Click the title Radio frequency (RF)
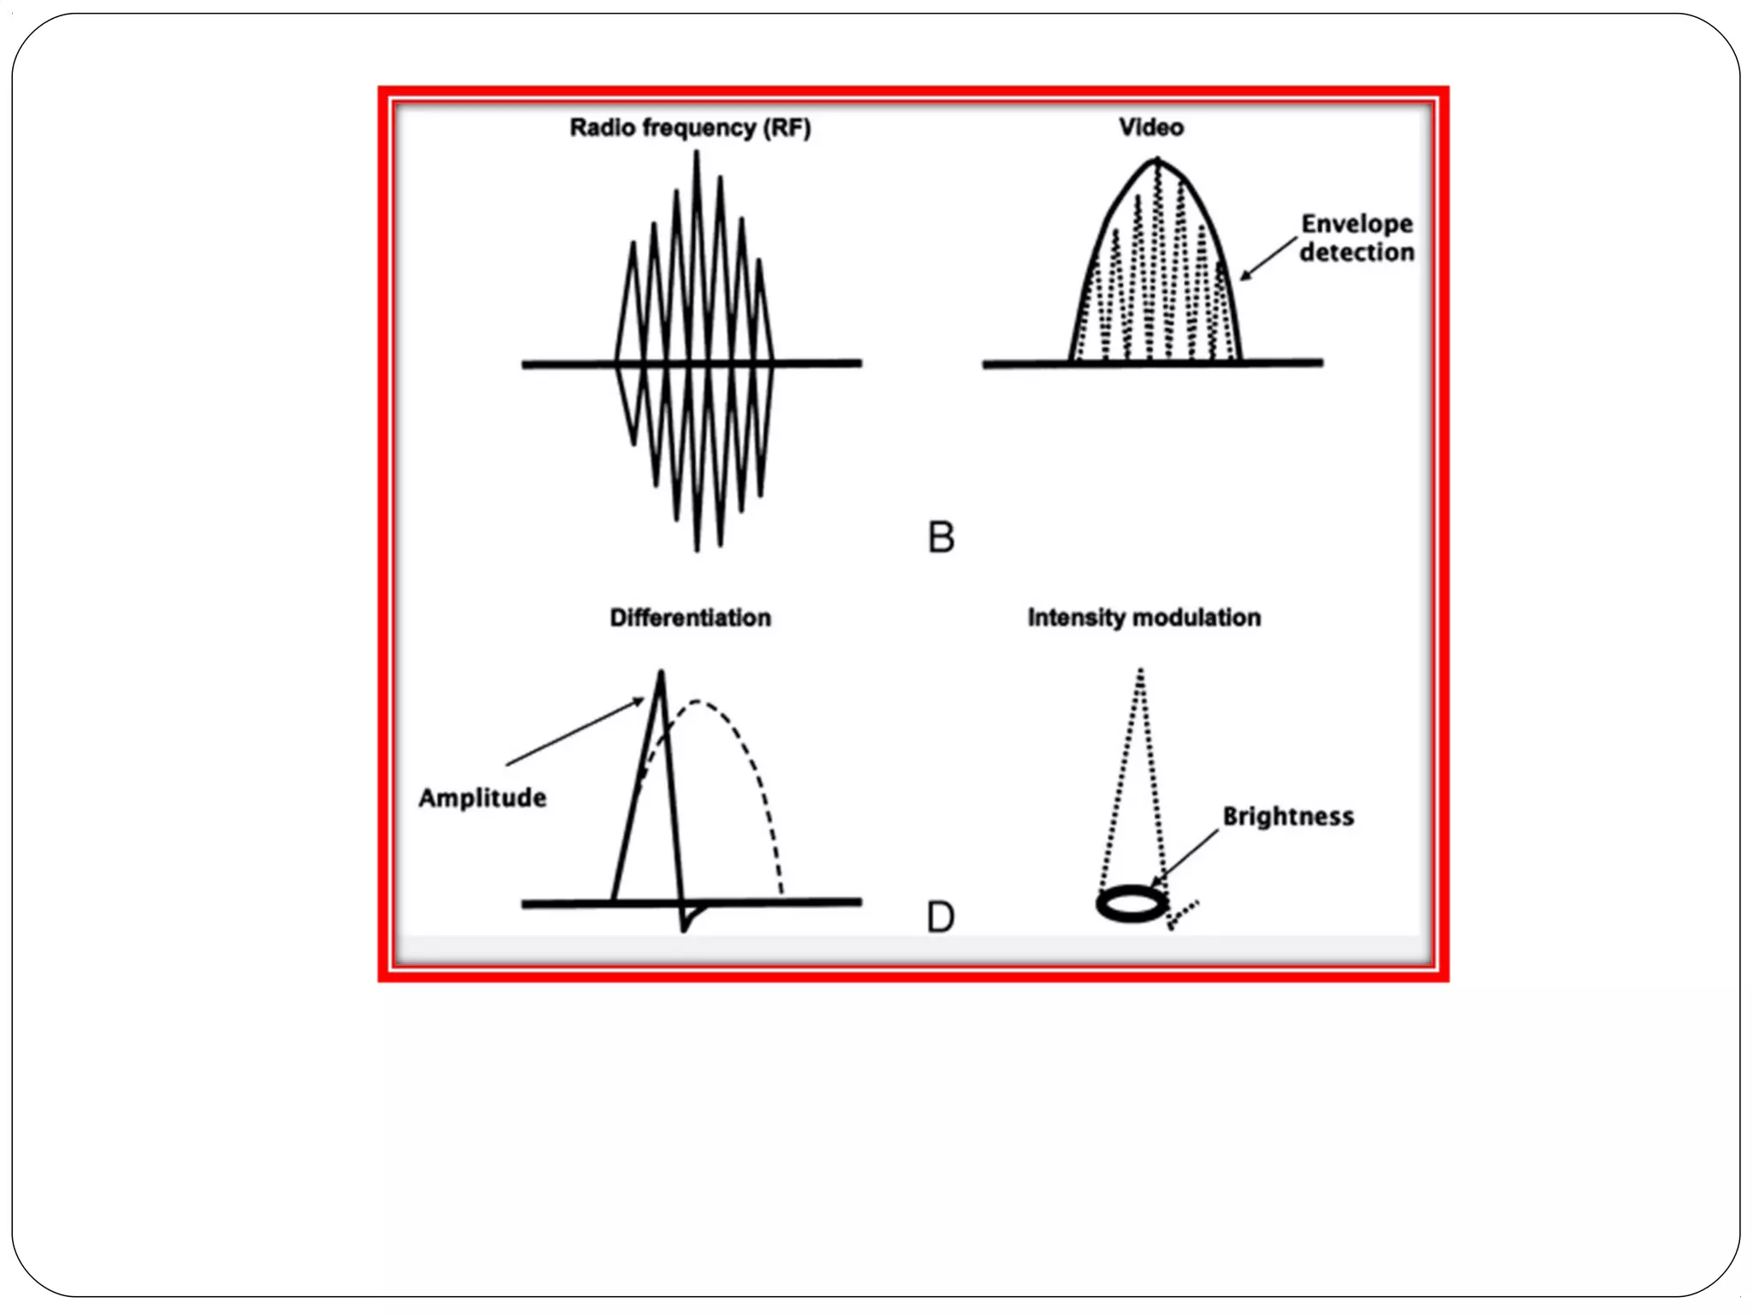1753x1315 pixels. (x=690, y=128)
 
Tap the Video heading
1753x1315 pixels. (x=1151, y=128)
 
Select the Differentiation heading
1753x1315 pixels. (x=690, y=618)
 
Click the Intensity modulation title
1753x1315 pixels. (x=1144, y=618)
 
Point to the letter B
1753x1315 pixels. (x=941, y=538)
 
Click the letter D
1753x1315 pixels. (x=941, y=918)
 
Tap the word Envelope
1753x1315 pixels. (x=1357, y=224)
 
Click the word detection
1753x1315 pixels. (x=1357, y=253)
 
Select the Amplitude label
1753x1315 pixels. (x=483, y=798)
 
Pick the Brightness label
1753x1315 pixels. (x=1288, y=817)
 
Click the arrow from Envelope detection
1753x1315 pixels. (x=1269, y=258)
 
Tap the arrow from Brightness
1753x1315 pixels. (x=1186, y=856)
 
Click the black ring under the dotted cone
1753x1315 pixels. (x=1132, y=904)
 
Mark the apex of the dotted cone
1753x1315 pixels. (x=1141, y=671)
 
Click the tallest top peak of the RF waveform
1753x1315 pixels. (x=697, y=153)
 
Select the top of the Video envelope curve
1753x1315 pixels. (x=1157, y=160)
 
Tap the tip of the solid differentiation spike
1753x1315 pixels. (x=661, y=673)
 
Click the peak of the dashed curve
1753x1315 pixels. (x=698, y=702)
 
